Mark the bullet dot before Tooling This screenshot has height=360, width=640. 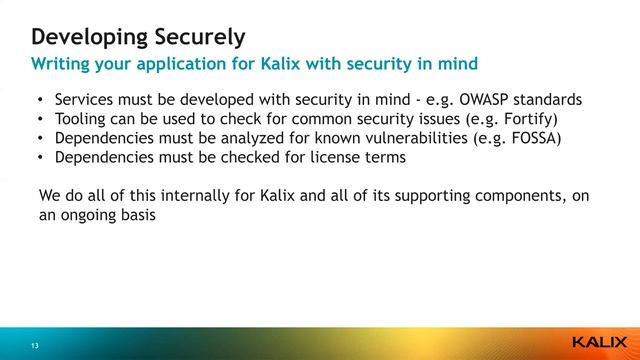point(40,120)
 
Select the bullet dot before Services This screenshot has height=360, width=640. point(40,101)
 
